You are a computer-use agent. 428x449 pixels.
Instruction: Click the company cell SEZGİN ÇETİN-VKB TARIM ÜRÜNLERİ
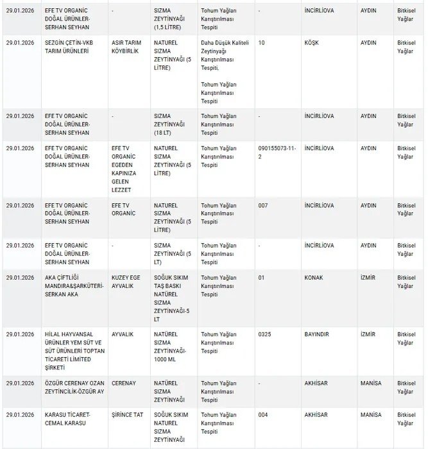[x=69, y=47]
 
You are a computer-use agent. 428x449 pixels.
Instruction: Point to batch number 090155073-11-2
[x=277, y=153]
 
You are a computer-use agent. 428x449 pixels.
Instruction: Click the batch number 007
[x=263, y=205]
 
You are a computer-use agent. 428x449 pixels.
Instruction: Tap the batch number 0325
[x=265, y=334]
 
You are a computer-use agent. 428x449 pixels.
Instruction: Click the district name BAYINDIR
[x=319, y=334]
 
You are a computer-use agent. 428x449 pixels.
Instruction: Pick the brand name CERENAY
[x=124, y=382]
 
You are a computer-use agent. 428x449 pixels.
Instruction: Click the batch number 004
[x=263, y=415]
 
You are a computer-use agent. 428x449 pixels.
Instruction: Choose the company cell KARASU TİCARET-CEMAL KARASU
[x=69, y=419]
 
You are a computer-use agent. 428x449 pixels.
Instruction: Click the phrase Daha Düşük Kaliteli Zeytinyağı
[x=224, y=51]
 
